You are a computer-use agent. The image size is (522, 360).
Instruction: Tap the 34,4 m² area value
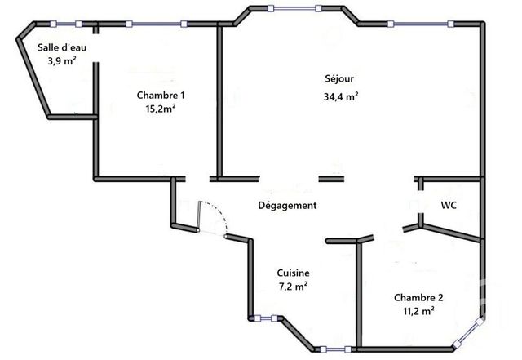pos(341,96)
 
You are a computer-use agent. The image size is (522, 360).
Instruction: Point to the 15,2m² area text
pos(161,108)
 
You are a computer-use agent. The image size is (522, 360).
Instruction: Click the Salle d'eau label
pos(62,47)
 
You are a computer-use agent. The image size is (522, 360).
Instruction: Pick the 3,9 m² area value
pos(62,60)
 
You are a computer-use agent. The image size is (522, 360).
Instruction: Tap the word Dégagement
pos(286,206)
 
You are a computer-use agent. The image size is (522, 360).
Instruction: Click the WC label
pos(448,206)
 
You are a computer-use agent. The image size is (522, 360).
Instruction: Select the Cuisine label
pos(293,273)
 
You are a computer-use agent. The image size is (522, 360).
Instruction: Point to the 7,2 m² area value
pos(293,287)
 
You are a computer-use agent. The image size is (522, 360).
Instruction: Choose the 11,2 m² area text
pos(417,310)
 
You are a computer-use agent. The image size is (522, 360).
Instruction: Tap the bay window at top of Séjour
pos(296,9)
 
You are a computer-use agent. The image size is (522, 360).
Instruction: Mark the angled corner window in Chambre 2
pos(467,333)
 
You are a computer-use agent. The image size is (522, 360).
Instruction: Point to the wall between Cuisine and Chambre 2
pos(358,294)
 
